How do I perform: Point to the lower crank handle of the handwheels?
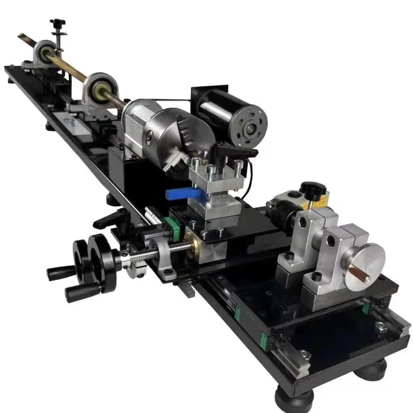[x=71, y=293]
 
